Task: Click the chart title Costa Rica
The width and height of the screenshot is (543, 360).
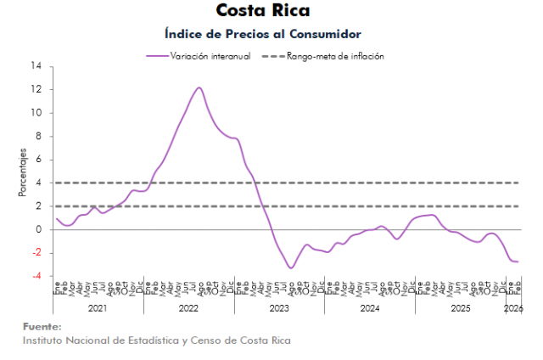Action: coord(263,11)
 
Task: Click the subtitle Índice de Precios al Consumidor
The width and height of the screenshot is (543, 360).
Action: coord(263,34)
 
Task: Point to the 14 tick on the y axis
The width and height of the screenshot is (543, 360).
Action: coord(36,66)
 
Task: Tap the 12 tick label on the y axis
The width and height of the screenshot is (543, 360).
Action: coord(36,89)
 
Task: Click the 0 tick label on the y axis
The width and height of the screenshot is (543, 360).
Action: coord(39,229)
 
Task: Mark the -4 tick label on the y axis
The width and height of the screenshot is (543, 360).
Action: coord(36,276)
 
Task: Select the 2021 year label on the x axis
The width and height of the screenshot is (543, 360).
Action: coord(98,307)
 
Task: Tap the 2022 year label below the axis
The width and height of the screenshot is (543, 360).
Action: coord(188,307)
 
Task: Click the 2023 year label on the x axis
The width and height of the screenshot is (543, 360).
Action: coord(279,307)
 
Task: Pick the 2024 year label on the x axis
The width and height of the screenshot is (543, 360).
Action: coord(369,307)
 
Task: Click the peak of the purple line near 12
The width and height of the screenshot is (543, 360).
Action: coord(199,87)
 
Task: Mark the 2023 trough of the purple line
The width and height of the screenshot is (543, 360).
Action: coord(290,268)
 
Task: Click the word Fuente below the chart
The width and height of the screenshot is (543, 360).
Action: coord(42,326)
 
